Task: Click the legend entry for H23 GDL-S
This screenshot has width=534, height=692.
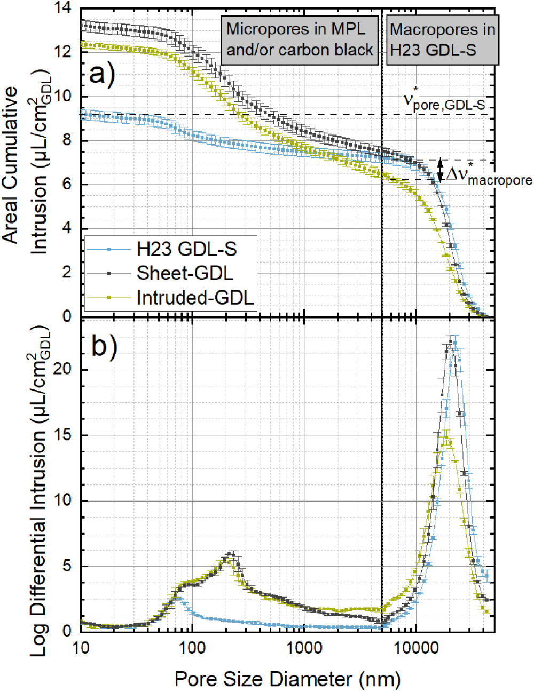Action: [186, 249]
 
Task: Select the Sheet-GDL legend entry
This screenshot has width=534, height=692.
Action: [185, 273]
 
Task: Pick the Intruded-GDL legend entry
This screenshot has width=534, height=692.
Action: [195, 297]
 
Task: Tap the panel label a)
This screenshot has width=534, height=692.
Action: [102, 74]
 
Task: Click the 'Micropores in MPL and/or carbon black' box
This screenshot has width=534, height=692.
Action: [300, 39]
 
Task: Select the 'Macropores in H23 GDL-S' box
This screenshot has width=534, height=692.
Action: [442, 39]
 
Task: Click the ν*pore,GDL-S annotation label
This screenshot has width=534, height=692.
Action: [444, 101]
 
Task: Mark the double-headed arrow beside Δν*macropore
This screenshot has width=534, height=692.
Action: [440, 170]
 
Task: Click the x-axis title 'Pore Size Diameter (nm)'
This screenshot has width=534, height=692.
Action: [287, 679]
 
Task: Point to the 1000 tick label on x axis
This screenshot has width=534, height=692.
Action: [304, 648]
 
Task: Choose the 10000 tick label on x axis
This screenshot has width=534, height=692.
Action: [415, 648]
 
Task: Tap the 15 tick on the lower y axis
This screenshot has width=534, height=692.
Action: [62, 435]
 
